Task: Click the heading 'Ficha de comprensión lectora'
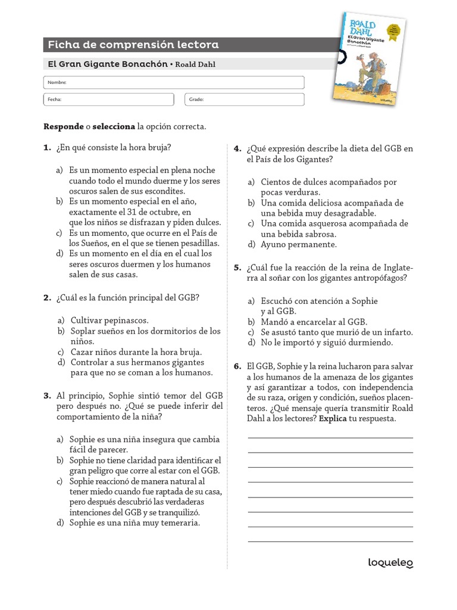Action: click(x=133, y=45)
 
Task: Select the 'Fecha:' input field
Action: click(x=111, y=99)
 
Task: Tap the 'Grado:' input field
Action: click(x=245, y=99)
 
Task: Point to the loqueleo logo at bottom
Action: click(x=390, y=562)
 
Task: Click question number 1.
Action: click(x=47, y=148)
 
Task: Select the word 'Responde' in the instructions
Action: click(x=63, y=127)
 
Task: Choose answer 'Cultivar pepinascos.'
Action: click(x=109, y=320)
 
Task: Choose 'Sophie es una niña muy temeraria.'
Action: click(x=134, y=523)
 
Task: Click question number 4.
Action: click(x=237, y=148)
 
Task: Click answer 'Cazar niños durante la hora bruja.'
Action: click(x=136, y=352)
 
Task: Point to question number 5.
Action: click(x=237, y=267)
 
